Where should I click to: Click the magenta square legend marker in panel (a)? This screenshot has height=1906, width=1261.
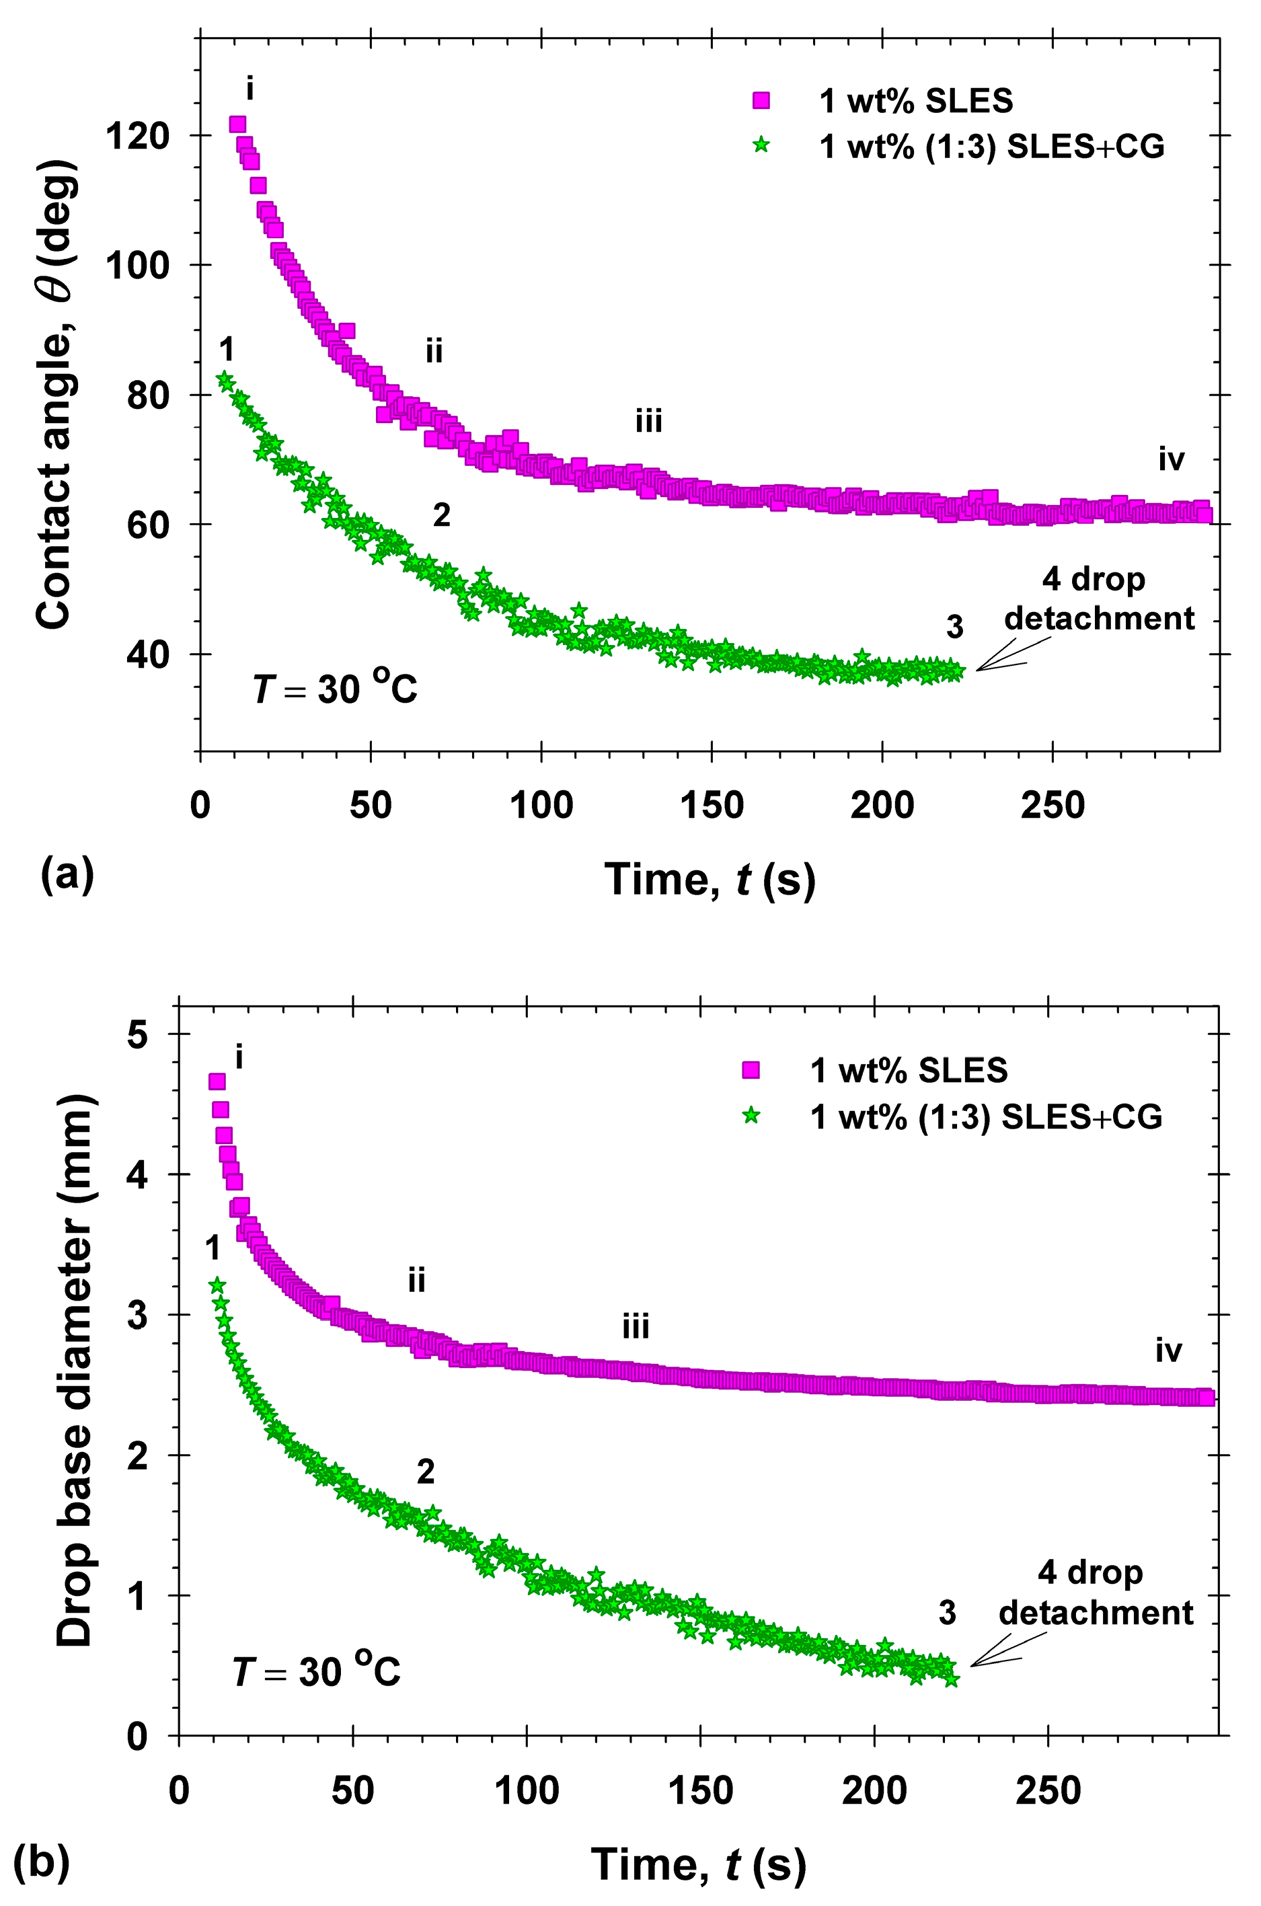pyautogui.click(x=760, y=100)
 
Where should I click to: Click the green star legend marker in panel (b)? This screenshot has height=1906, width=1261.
pyautogui.click(x=751, y=1116)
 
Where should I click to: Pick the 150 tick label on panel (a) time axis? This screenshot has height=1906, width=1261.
pyautogui.click(x=712, y=805)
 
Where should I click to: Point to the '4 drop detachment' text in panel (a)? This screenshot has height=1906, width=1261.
pyautogui.click(x=1098, y=599)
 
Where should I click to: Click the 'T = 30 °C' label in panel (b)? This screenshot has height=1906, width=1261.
pyautogui.click(x=316, y=1672)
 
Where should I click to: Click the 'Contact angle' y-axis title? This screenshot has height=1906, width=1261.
pyautogui.click(x=56, y=394)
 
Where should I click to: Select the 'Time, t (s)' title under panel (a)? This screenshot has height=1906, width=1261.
pyautogui.click(x=710, y=878)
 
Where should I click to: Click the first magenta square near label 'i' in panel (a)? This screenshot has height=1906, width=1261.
pyautogui.click(x=237, y=124)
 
